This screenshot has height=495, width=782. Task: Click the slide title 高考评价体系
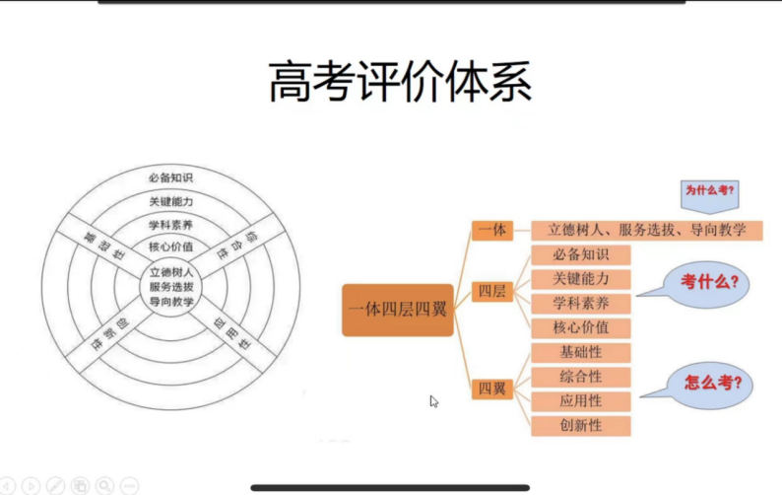click(400, 82)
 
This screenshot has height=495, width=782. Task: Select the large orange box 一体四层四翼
click(398, 310)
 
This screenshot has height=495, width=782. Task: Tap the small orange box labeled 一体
click(491, 230)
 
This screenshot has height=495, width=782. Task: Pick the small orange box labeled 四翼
click(491, 389)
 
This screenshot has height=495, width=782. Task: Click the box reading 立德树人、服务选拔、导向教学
click(647, 230)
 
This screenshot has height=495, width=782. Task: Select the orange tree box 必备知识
click(581, 254)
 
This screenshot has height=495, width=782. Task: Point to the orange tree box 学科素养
click(581, 303)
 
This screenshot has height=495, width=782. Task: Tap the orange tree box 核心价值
click(581, 327)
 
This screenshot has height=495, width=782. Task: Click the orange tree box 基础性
click(581, 352)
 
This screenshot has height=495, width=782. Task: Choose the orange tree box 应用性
click(581, 401)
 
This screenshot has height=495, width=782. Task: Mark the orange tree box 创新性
click(581, 426)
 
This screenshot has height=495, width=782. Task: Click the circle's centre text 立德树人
click(171, 271)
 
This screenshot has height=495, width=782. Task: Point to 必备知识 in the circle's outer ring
click(171, 178)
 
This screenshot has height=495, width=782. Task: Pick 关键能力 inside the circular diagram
click(171, 202)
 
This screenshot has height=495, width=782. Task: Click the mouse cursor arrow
click(433, 401)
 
